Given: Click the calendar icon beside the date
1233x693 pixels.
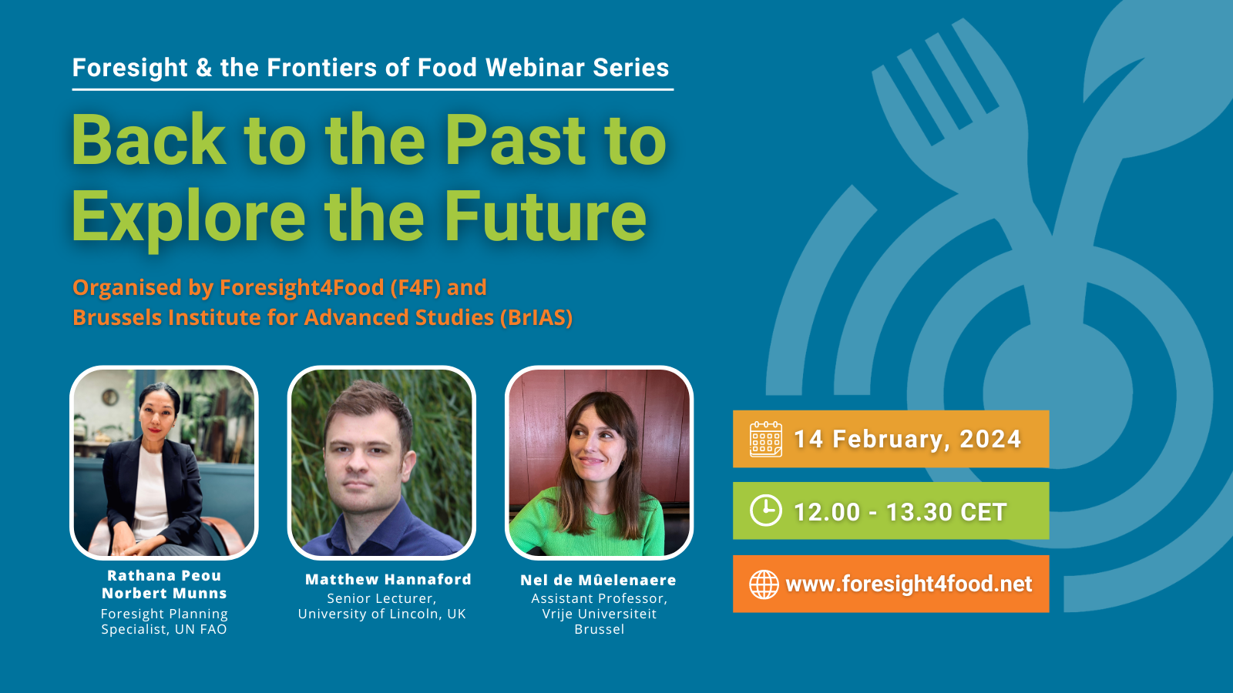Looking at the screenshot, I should point(765,439).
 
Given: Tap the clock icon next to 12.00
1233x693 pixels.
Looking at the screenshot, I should point(765,511).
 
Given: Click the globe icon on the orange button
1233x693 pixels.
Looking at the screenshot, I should point(764,584).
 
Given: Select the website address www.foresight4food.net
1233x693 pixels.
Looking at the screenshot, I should point(909,584).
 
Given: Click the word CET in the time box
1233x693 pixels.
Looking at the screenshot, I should point(983,512).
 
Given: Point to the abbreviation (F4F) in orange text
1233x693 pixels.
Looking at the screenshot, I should point(415,287).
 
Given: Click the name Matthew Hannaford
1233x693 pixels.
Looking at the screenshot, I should point(388,579).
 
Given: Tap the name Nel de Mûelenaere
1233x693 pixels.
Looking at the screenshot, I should point(598,580).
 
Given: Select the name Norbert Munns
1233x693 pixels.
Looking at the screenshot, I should point(164,593).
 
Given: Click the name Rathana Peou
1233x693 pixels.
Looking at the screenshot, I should point(164,575).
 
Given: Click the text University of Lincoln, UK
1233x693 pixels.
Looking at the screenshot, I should point(381,614).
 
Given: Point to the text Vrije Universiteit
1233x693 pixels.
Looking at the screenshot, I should point(599,614).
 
